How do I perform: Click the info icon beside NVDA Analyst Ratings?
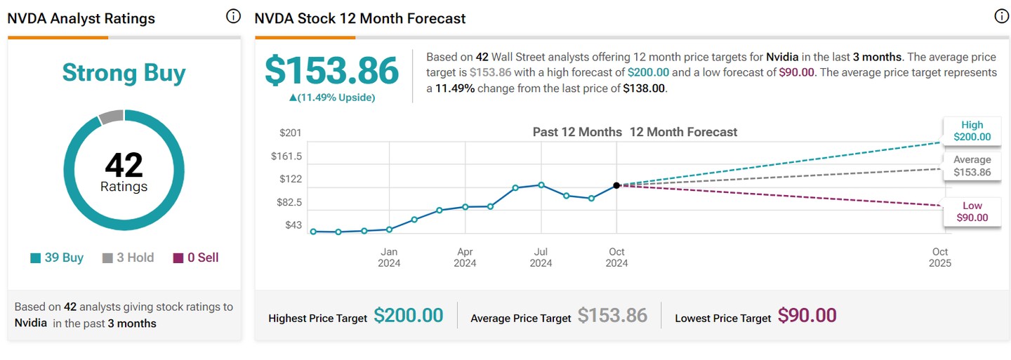(233, 17)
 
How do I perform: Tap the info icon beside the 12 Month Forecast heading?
(1001, 17)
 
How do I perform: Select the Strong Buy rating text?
(124, 73)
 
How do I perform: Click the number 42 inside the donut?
(124, 166)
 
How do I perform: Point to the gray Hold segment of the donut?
(111, 116)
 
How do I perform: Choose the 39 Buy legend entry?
(57, 258)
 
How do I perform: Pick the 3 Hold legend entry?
(128, 258)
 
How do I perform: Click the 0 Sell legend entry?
(196, 258)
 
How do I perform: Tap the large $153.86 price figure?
(331, 71)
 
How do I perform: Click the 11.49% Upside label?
(332, 98)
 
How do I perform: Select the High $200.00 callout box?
(972, 131)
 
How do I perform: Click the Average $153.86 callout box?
(972, 166)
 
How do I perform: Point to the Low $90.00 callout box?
(972, 212)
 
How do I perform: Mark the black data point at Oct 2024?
(616, 185)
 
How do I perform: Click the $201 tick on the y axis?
(291, 133)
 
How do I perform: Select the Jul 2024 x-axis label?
(541, 258)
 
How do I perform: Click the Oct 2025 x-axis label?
(940, 258)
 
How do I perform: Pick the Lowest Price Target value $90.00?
(807, 316)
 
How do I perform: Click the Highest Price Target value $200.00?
(409, 316)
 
